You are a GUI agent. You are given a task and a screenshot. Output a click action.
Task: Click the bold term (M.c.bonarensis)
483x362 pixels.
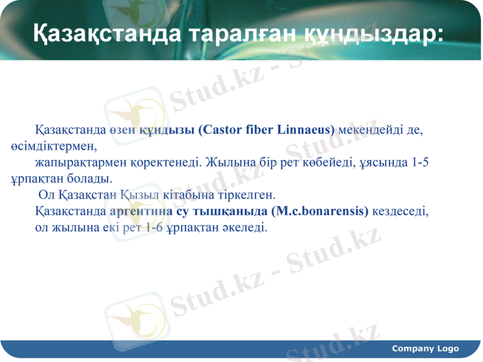pos(320,212)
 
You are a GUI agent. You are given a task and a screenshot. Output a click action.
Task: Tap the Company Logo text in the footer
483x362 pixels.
pos(425,349)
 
